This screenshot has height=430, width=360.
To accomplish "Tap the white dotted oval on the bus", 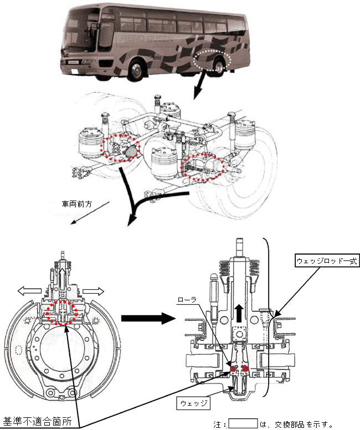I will point(213,60).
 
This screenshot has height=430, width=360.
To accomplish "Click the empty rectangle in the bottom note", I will point(243,424).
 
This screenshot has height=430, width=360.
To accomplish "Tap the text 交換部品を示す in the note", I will point(302,424).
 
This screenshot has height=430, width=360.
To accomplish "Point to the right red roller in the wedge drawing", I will point(244,368).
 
